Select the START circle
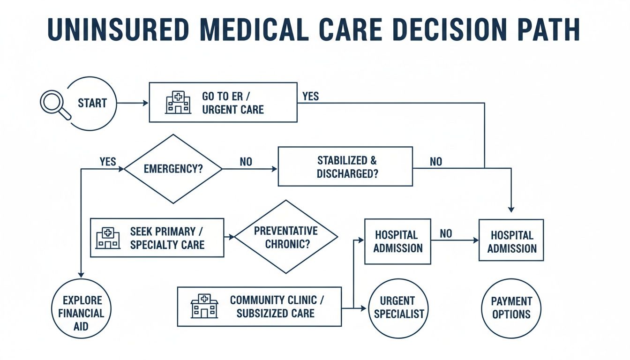coord(92,104)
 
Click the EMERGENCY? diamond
coord(173,169)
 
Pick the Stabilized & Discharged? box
coord(345,166)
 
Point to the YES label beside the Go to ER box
coord(310,96)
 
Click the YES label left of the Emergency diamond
coord(108,162)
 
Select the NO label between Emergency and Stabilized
coord(246,162)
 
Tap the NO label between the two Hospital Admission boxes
coord(446,233)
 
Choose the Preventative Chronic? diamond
coord(285,237)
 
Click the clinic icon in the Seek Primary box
coord(107,238)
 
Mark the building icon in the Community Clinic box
coord(204,307)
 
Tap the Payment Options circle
coord(511,308)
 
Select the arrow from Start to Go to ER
coord(132,103)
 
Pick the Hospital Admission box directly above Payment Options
coord(511,240)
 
